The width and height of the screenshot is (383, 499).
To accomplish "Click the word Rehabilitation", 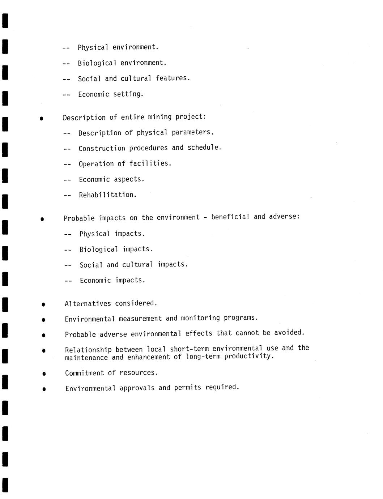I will click(107, 195).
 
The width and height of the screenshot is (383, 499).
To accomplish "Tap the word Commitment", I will click(85, 373).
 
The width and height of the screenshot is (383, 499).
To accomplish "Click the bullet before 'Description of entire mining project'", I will click(42, 118).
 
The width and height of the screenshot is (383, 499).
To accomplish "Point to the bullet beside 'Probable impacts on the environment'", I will click(42, 219).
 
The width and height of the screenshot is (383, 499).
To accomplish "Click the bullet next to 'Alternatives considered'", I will click(43, 304).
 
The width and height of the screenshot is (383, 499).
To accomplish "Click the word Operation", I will click(96, 164).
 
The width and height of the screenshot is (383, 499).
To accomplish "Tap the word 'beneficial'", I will click(230, 217).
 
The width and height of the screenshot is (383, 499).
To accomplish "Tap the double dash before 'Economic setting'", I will click(67, 95).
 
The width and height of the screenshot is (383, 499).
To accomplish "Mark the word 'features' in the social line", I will click(173, 78).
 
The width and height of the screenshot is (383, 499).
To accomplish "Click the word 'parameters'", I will click(192, 132).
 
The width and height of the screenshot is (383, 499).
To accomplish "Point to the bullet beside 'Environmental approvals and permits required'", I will click(44, 389).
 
